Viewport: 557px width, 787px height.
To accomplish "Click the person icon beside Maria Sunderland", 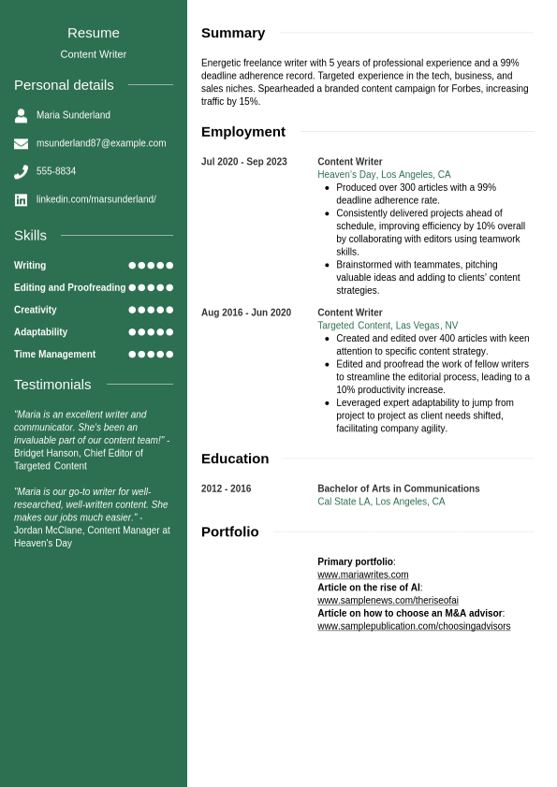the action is (21, 116).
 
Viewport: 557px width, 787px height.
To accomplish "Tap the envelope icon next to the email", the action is (21, 144).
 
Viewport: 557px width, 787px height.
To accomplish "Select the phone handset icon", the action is (21, 172).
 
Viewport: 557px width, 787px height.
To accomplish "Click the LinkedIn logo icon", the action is (21, 200).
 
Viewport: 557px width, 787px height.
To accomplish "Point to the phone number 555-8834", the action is (56, 171).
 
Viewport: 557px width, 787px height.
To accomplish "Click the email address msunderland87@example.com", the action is (101, 143).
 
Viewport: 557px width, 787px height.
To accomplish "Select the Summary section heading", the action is (233, 33).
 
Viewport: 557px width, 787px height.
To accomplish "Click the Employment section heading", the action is (243, 132).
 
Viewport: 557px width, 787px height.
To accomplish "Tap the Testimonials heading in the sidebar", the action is (52, 385).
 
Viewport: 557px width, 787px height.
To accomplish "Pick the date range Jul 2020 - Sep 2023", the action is (244, 162).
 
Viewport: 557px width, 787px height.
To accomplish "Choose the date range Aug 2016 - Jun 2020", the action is (246, 313).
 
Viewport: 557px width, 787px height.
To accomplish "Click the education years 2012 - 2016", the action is (227, 488).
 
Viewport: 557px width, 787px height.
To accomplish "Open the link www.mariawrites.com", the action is (363, 575).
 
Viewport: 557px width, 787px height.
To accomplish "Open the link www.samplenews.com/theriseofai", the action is (388, 601).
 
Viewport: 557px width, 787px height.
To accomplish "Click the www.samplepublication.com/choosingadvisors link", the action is (414, 626).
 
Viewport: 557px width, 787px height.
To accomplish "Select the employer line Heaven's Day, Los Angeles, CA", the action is (384, 175).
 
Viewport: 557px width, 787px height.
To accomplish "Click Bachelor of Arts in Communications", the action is (399, 488).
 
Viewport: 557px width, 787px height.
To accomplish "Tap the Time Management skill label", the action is (54, 355).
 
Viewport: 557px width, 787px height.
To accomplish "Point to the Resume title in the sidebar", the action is (94, 33).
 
